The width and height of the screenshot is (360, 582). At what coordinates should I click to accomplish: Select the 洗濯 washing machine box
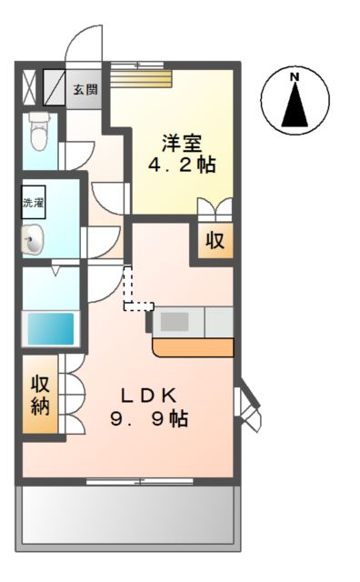(x=34, y=204)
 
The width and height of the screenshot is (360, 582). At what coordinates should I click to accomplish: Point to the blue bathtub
(x=50, y=327)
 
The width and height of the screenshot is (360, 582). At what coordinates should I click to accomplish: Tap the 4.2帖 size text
(x=183, y=166)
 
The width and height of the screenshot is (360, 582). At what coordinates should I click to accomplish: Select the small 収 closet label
(x=215, y=242)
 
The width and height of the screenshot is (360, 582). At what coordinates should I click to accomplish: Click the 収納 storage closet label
(x=40, y=395)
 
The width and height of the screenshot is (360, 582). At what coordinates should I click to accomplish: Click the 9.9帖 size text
(x=154, y=419)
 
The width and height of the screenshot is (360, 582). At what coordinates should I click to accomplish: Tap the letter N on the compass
(x=295, y=78)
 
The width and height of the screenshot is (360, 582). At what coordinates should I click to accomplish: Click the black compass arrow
(x=295, y=106)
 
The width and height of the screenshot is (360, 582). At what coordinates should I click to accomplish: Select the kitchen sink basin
(x=175, y=321)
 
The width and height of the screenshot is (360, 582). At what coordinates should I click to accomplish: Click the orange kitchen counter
(x=193, y=348)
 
